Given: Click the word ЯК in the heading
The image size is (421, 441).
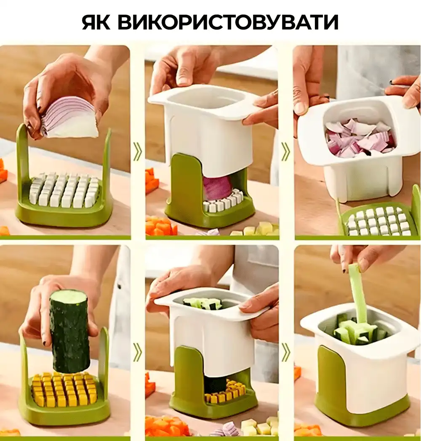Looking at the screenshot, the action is pyautogui.click(x=96, y=22).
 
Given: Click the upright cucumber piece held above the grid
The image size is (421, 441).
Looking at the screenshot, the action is pyautogui.click(x=69, y=331).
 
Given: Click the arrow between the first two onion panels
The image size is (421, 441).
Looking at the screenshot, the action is pyautogui.click(x=137, y=151).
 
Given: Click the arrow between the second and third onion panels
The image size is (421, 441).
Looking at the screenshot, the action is pyautogui.click(x=285, y=151).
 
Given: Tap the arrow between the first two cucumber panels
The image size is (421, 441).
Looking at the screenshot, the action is pyautogui.click(x=137, y=352).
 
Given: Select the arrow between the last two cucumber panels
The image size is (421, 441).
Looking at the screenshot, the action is pyautogui.click(x=285, y=352).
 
